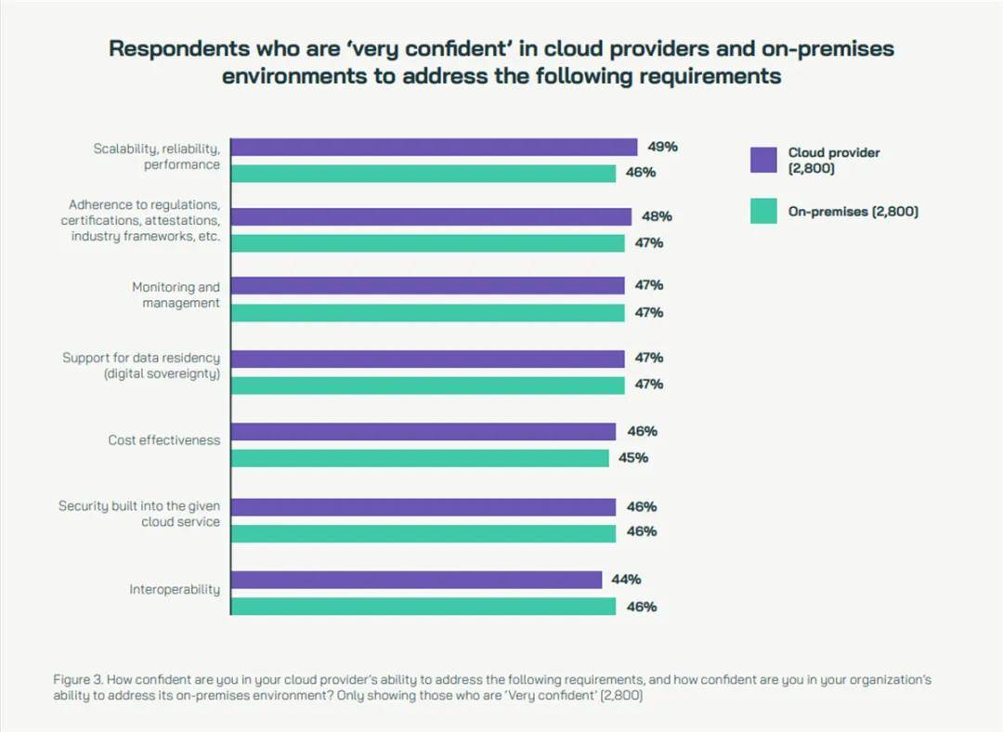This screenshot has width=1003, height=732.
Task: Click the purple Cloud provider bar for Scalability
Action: pos(434,147)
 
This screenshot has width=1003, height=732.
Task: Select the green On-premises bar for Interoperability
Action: pos(423,607)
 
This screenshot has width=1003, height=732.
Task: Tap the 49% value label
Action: pos(663,147)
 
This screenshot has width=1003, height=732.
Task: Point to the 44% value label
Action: pos(626,580)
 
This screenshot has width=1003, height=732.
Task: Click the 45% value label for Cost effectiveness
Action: pos(633,458)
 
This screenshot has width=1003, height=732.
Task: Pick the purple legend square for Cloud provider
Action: pos(763,160)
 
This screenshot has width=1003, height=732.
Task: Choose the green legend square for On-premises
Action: pos(763,211)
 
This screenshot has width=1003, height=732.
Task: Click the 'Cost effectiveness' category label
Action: pos(163,440)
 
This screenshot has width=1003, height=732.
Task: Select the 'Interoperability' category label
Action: pos(175,589)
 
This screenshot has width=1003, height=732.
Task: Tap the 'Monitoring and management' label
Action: pos(176,295)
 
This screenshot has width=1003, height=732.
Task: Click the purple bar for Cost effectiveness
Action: pos(423,431)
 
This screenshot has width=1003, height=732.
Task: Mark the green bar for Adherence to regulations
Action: pos(427,243)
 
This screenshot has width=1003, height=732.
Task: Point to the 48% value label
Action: pos(657,216)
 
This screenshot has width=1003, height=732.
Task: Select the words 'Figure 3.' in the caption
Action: pos(78,680)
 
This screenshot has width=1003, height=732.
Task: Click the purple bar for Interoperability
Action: pos(416,580)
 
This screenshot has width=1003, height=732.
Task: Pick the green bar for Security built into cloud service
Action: pos(423,533)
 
